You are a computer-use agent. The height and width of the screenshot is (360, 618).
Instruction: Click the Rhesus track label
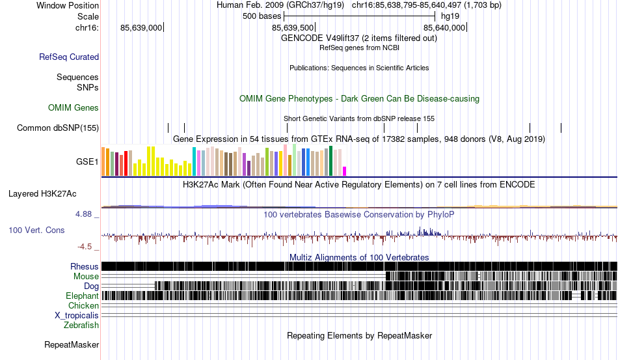[85, 266]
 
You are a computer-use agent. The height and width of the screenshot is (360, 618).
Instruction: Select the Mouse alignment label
[87, 276]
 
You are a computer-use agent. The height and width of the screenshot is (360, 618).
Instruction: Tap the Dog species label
[91, 286]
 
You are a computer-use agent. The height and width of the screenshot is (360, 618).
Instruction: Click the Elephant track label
[82, 296]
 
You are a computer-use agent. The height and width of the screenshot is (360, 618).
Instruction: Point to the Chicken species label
[84, 305]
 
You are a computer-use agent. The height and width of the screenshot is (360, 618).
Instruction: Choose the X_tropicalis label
[77, 315]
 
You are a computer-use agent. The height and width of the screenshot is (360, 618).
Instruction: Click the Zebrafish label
[81, 325]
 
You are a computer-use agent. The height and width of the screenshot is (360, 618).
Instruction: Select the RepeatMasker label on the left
[72, 344]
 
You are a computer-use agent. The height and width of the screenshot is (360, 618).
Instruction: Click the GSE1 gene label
[87, 161]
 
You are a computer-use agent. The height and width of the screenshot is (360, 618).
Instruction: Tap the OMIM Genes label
[74, 107]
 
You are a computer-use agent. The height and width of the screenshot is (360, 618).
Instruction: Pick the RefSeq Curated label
[69, 57]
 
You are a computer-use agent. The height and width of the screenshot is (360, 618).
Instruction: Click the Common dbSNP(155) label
[58, 128]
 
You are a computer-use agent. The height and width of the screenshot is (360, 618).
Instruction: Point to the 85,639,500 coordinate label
[293, 28]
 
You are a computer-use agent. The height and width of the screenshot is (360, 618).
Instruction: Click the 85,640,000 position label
[444, 28]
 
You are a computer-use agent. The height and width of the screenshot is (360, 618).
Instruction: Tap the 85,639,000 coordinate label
[141, 28]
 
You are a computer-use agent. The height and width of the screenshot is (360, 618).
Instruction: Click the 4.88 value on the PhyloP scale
[86, 214]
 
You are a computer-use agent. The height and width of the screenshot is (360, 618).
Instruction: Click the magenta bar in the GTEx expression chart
[345, 171]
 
